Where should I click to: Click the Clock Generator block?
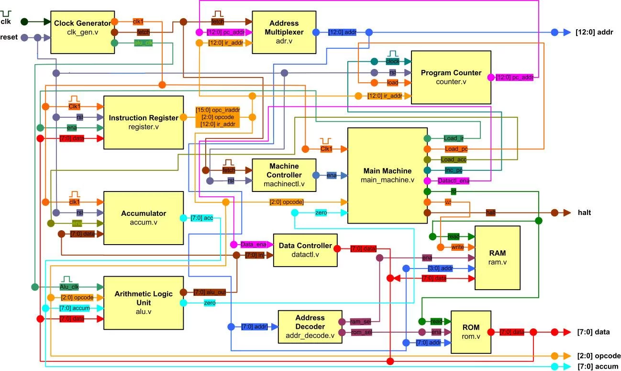(82, 32)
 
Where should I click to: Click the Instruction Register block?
(144, 123)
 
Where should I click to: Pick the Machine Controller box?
(284, 175)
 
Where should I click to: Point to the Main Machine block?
(387, 175)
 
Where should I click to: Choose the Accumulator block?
(144, 218)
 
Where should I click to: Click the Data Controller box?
(305, 250)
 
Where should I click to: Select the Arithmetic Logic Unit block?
(144, 303)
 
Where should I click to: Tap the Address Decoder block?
(310, 326)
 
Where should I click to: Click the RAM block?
(497, 258)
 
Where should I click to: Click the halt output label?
(584, 213)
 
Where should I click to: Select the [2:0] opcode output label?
(599, 356)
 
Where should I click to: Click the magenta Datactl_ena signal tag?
(453, 181)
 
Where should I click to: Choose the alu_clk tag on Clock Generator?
(143, 43)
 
